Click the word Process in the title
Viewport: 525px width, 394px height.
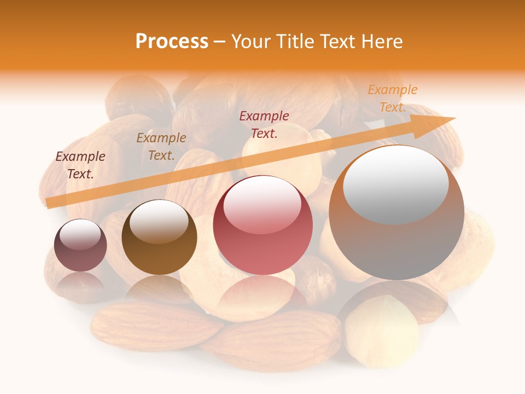coord(172,42)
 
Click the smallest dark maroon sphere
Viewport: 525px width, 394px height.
coord(80,246)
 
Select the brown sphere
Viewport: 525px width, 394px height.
coord(159,237)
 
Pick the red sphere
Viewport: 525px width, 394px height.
coord(262,225)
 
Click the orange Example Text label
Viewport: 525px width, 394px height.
coord(393,99)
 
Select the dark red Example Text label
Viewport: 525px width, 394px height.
coord(264,125)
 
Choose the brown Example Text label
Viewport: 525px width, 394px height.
coord(161,147)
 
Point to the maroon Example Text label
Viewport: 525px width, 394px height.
coord(80,165)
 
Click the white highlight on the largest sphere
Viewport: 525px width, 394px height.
coord(395,184)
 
